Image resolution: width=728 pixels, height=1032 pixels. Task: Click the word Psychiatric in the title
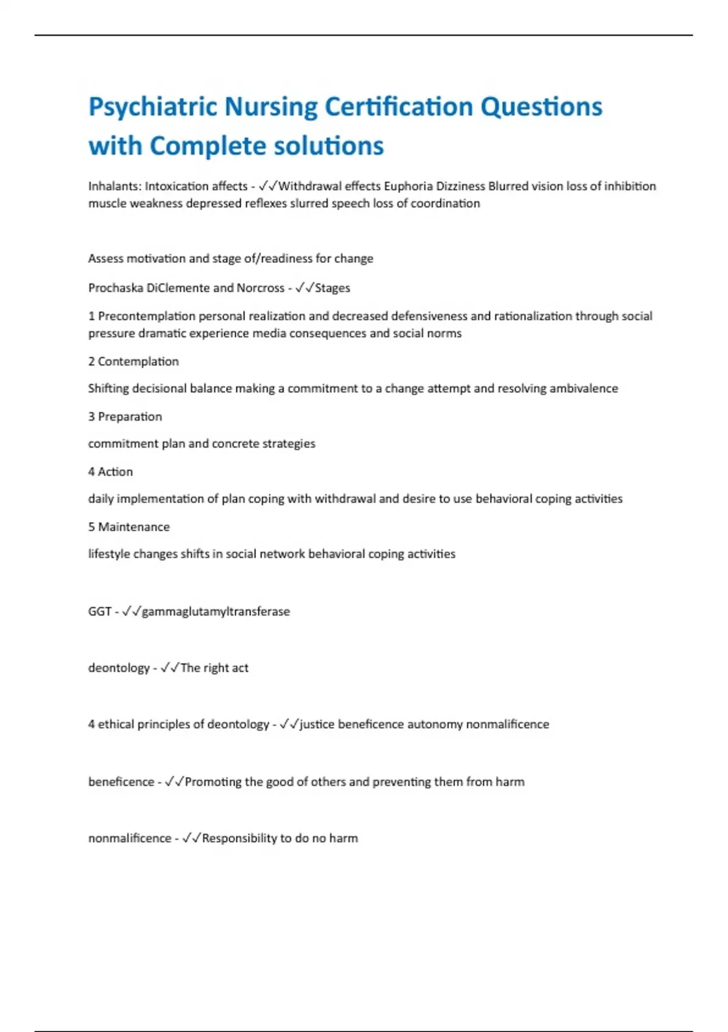coord(153,107)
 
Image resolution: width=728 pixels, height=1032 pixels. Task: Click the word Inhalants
coord(113,186)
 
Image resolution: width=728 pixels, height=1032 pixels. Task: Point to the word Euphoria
coord(408,186)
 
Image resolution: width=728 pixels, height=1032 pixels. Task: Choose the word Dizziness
coord(460,186)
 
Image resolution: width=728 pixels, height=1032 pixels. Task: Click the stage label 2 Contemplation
coord(133,362)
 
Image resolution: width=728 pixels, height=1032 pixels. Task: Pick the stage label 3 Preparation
coord(125,417)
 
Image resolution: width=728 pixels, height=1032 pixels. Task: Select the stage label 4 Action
coord(110,472)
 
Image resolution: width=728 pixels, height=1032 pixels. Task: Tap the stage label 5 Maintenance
coord(129,527)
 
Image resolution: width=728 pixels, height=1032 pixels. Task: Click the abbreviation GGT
coord(99,612)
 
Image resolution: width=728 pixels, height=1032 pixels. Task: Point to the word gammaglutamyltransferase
coord(215,612)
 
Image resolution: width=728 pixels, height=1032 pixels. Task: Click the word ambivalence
coord(584,389)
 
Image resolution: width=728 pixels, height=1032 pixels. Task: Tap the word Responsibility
coord(239,838)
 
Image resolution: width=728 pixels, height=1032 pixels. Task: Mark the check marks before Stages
coord(305,288)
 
